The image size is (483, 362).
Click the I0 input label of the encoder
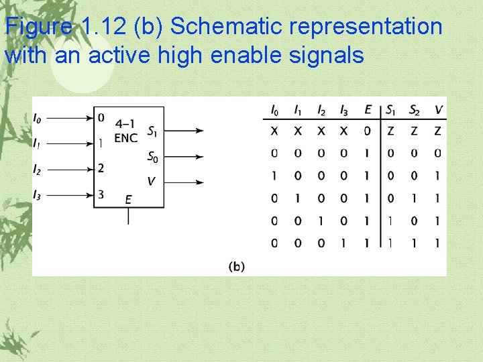coord(37,119)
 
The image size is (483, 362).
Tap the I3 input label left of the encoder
coord(37,195)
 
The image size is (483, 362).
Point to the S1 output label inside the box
coord(153,131)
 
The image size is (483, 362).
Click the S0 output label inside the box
coord(153,158)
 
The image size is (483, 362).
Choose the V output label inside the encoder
coord(151,182)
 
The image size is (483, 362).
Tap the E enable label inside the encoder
coord(128,199)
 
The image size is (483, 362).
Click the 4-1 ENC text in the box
coord(126,131)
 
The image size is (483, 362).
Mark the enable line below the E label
coord(128,216)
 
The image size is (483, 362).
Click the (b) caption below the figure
coord(237,267)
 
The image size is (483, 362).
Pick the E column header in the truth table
coord(367,110)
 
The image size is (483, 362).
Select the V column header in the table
coord(438,110)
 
